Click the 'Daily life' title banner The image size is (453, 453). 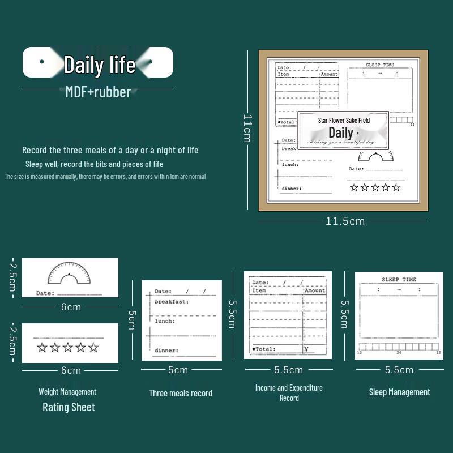click(x=98, y=63)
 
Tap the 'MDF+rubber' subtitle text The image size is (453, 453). click(x=98, y=92)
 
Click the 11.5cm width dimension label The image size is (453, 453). click(x=345, y=221)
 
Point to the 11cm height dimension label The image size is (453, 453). click(x=247, y=128)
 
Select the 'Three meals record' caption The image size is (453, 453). click(x=181, y=393)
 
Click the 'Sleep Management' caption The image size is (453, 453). click(x=399, y=392)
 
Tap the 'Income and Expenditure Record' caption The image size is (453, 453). click(x=289, y=392)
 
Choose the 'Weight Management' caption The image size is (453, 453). click(x=67, y=391)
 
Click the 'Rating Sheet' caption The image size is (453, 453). click(x=69, y=407)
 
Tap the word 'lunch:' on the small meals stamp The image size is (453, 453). click(x=165, y=321)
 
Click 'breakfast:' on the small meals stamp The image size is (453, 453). click(x=172, y=302)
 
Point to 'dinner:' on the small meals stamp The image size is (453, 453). click(x=166, y=350)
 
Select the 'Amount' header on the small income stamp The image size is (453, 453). click(x=315, y=290)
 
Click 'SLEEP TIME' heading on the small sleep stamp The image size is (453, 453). click(x=399, y=280)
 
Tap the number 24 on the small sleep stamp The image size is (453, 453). click(x=399, y=353)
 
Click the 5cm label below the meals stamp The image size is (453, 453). click(x=178, y=370)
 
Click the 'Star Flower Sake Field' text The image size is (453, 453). click(x=344, y=121)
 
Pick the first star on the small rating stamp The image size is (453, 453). click(x=42, y=347)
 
